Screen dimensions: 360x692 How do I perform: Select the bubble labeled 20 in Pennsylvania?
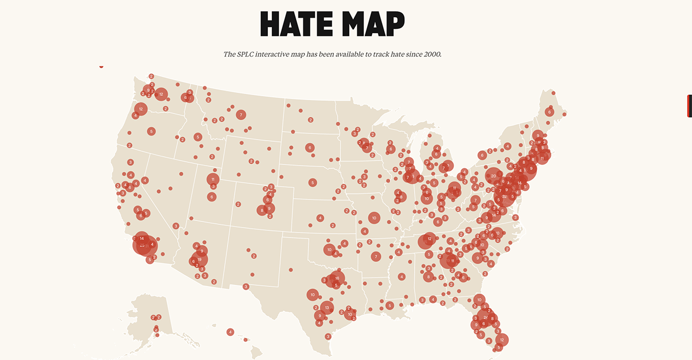493,176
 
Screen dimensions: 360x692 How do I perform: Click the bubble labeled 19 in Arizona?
199,259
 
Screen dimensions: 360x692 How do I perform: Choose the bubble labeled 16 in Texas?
337,278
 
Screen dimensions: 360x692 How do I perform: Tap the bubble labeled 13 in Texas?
327,307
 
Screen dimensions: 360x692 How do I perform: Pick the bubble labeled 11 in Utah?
213,179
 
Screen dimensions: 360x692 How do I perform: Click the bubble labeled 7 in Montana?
241,115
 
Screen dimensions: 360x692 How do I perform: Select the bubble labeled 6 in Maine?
549,112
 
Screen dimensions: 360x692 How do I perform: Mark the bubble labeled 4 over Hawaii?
230,332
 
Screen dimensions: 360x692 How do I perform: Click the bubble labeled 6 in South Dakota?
310,148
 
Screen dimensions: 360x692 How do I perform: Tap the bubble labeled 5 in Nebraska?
313,182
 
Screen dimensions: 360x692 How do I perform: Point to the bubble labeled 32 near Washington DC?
504,197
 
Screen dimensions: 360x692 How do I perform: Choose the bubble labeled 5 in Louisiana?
390,305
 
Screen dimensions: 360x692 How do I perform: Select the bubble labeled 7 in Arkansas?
376,256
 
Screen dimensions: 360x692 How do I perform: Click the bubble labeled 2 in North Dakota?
311,120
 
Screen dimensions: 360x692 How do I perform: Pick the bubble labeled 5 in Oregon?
151,131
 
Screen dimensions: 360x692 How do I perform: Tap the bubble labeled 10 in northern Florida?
479,300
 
